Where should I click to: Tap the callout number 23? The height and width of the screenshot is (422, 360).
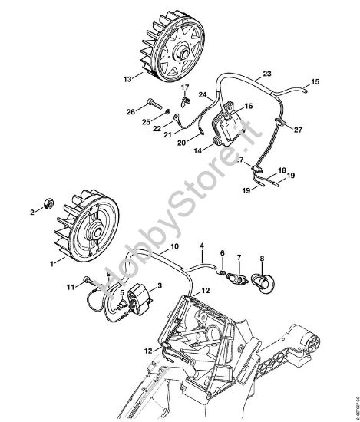[x=266, y=74]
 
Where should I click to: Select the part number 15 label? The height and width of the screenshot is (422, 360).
[x=315, y=81]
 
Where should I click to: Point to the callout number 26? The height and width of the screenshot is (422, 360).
[x=130, y=111]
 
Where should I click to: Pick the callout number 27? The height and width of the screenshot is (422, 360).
[x=299, y=130]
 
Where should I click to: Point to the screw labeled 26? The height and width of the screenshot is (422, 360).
[x=153, y=102]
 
